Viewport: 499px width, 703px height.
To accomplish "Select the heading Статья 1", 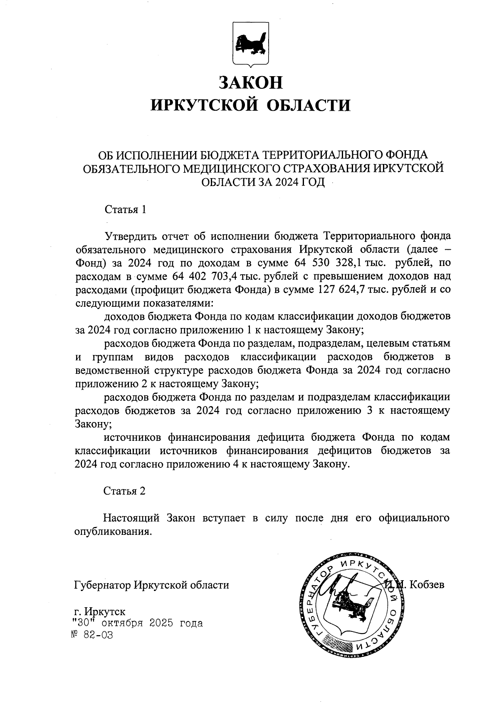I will pyautogui.click(x=125, y=209).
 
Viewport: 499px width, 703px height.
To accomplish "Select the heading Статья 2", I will pyautogui.click(x=124, y=491).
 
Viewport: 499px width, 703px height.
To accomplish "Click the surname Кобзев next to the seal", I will pyautogui.click(x=427, y=584).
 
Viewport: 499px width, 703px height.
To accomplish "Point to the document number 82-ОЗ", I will pyautogui.click(x=95, y=636).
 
